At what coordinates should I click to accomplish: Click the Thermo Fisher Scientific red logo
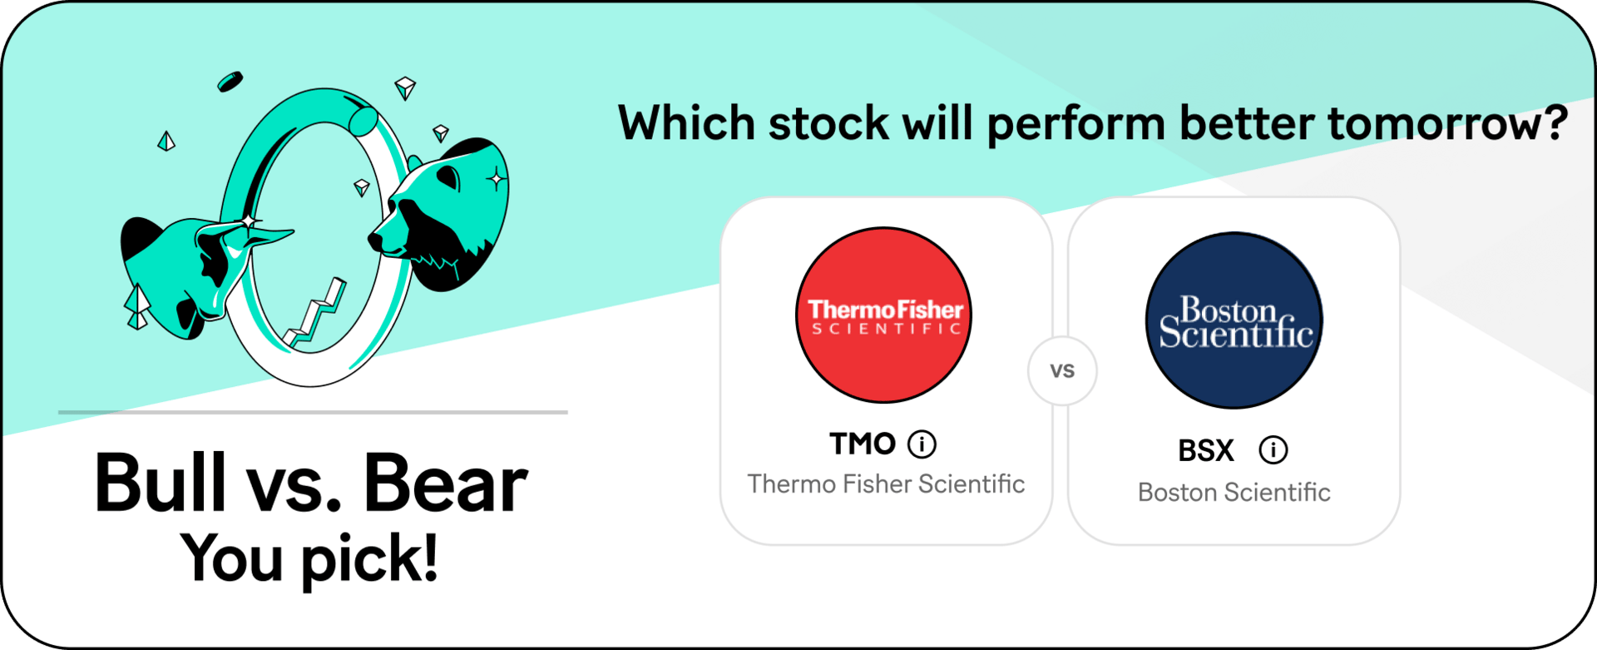(x=884, y=315)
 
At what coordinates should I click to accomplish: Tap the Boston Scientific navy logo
(x=1235, y=320)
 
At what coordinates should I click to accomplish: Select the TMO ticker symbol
(x=863, y=444)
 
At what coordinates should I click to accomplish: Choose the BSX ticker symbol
(x=1206, y=451)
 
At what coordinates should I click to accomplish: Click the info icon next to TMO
(x=922, y=444)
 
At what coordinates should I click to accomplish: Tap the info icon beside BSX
(x=1273, y=450)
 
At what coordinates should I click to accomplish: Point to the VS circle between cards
(x=1062, y=371)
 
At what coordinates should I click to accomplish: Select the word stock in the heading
(x=828, y=123)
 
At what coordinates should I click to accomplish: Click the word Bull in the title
(x=161, y=482)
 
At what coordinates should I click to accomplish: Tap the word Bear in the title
(x=446, y=483)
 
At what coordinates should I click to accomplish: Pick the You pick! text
(x=309, y=558)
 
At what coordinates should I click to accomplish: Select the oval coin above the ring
(x=230, y=82)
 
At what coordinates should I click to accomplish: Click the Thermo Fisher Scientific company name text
(x=886, y=484)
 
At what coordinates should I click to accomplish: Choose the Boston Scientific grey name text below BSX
(x=1234, y=492)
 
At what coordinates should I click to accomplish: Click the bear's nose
(x=375, y=241)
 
